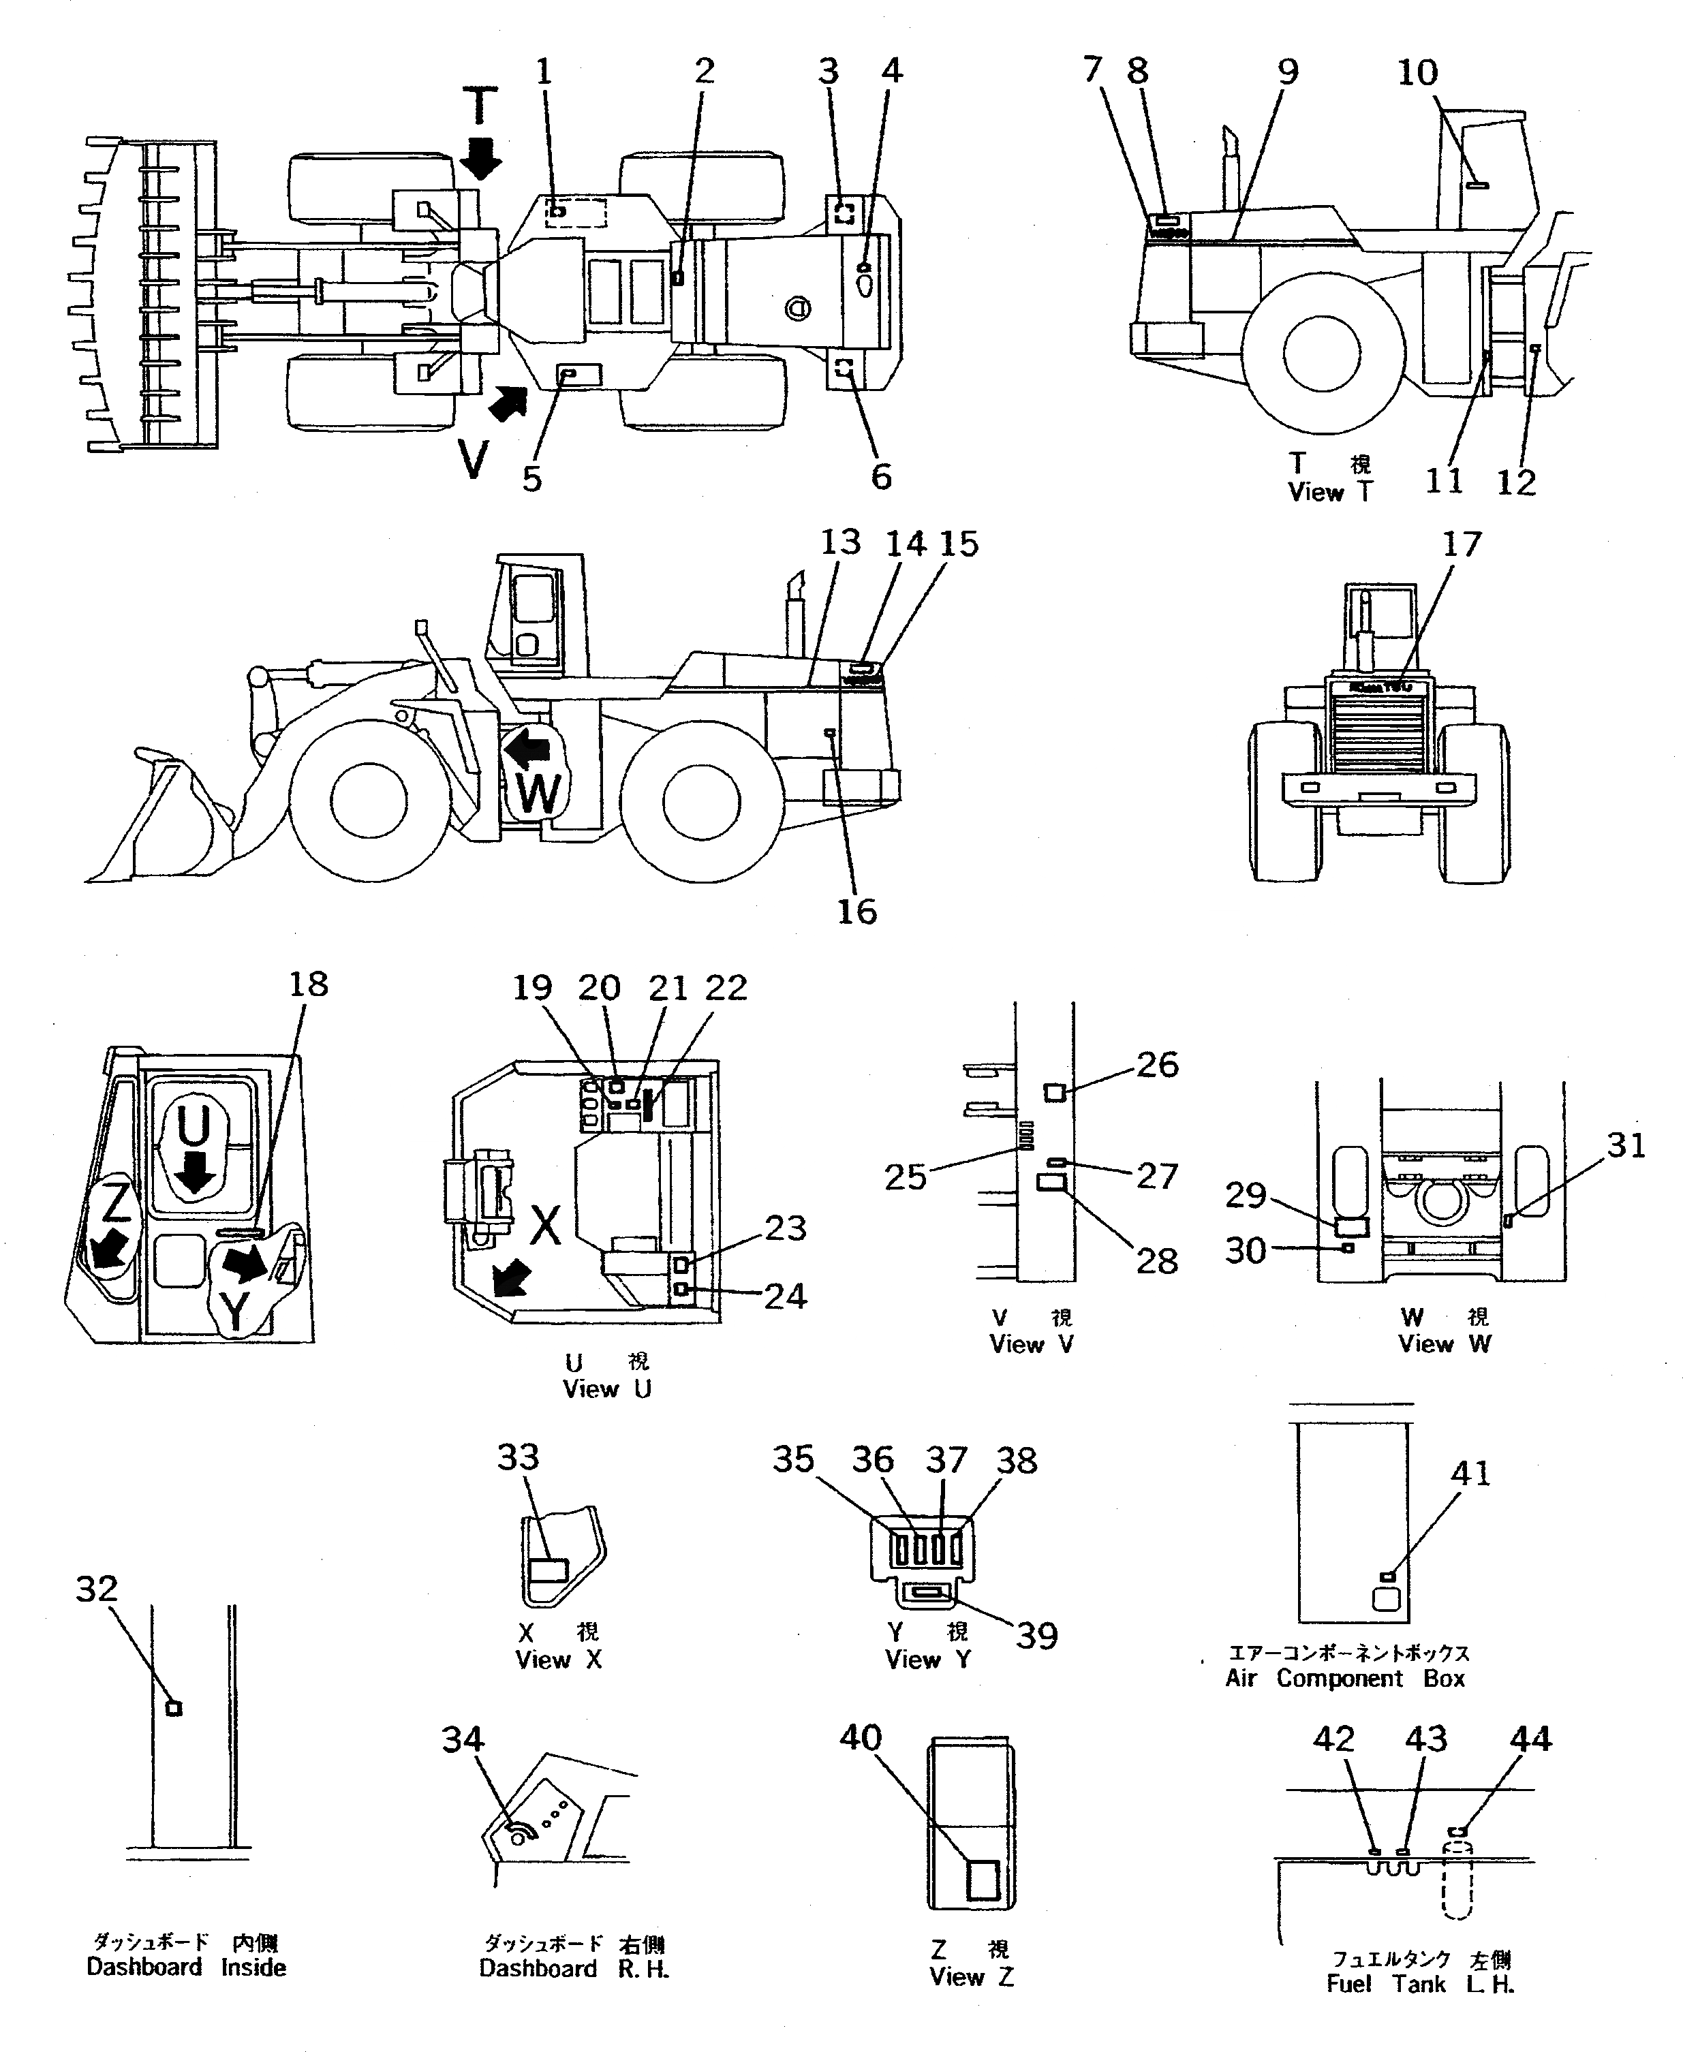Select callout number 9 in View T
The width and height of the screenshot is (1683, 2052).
(x=1286, y=71)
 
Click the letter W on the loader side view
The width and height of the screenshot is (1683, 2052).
(x=537, y=793)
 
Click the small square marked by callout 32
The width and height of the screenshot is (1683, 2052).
(x=174, y=1709)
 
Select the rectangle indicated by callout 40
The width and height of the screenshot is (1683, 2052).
(x=983, y=1880)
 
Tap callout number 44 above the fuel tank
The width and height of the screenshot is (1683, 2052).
(x=1531, y=1738)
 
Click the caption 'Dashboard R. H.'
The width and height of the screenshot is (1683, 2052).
(x=574, y=1969)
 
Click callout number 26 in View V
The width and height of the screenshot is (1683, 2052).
(x=1156, y=1064)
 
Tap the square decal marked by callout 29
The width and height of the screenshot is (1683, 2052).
(x=1351, y=1227)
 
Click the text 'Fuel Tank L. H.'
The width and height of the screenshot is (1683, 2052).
(x=1419, y=1984)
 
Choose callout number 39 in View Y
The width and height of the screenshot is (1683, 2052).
(x=1036, y=1636)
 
